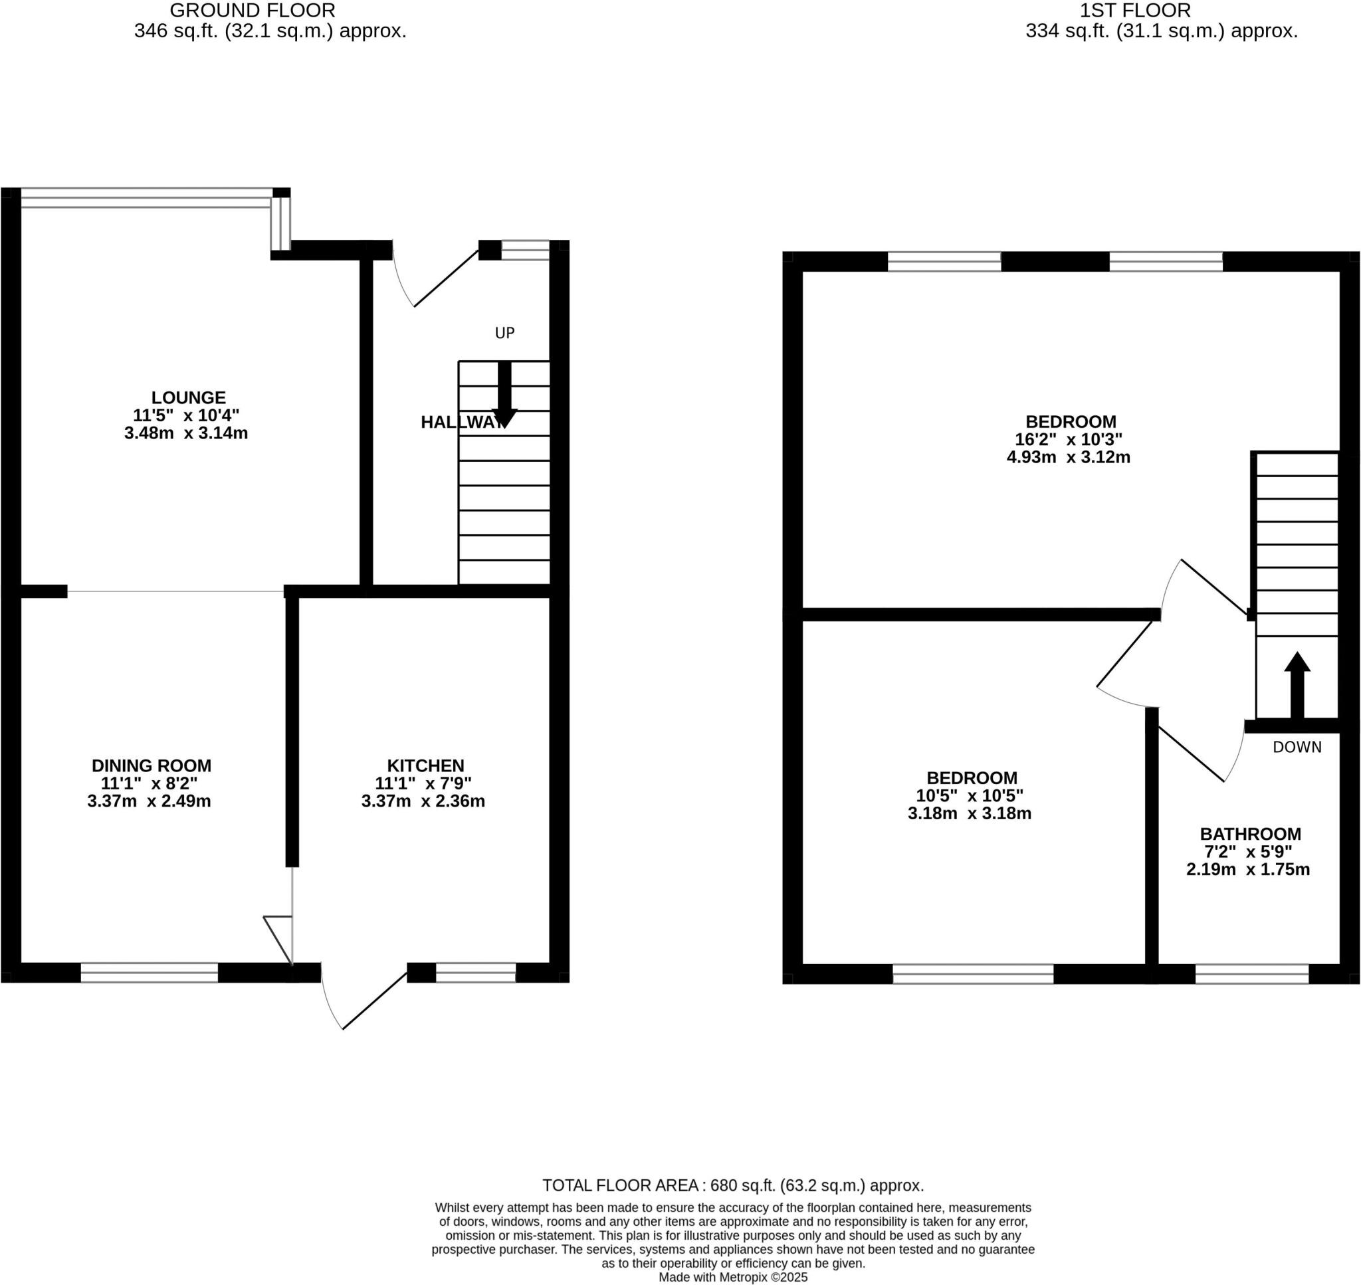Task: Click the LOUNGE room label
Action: [x=188, y=397]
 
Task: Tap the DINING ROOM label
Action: [x=152, y=765]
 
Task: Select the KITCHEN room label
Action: [x=425, y=765]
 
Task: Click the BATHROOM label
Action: [x=1250, y=834]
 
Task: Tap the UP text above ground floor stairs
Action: [x=504, y=333]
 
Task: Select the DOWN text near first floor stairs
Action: [x=1297, y=747]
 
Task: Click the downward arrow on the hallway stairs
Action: [x=504, y=395]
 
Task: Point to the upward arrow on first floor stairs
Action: [x=1297, y=685]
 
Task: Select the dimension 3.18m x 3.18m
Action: [x=969, y=813]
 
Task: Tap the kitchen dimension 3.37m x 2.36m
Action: [x=423, y=801]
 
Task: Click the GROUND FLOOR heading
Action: [x=252, y=11]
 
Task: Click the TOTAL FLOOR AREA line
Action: [x=733, y=1185]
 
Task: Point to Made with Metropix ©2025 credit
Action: [x=733, y=1277]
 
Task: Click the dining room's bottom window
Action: [x=150, y=973]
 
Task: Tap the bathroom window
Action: [x=1251, y=973]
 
